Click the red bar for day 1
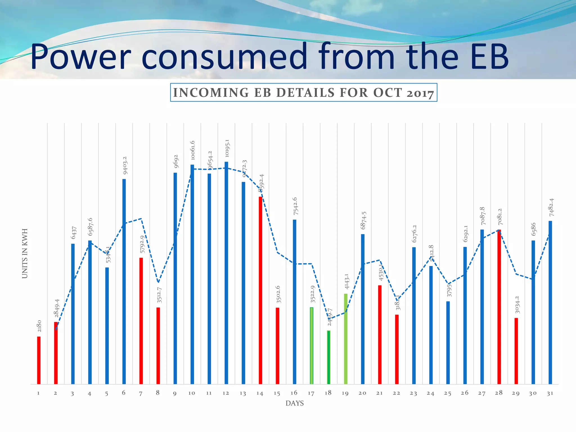click(x=39, y=360)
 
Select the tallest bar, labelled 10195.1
click(x=226, y=273)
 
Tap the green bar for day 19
click(x=346, y=339)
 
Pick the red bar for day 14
click(x=260, y=290)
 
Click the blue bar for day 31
click(x=550, y=302)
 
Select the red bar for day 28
click(x=499, y=307)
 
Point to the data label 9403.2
click(x=125, y=165)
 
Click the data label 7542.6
click(x=295, y=206)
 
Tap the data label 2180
click(x=39, y=326)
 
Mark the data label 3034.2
click(x=517, y=305)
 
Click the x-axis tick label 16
click(x=294, y=393)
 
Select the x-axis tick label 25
click(x=447, y=393)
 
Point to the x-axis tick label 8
click(x=158, y=393)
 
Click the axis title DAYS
click(x=294, y=403)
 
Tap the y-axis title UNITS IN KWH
click(x=25, y=253)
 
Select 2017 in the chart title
click(x=420, y=93)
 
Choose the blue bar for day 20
click(x=363, y=309)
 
